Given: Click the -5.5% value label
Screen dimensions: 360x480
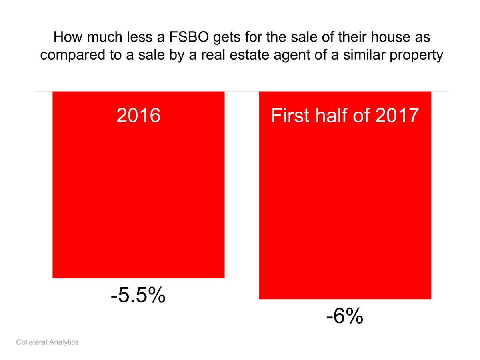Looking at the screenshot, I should [x=138, y=296].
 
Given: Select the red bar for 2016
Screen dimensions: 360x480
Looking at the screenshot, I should [x=138, y=192].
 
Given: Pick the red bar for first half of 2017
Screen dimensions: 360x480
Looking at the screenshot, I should [x=345, y=200].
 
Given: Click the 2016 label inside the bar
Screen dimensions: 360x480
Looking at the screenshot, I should [x=138, y=116].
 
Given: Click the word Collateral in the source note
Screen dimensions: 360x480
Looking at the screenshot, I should [x=32, y=342].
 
